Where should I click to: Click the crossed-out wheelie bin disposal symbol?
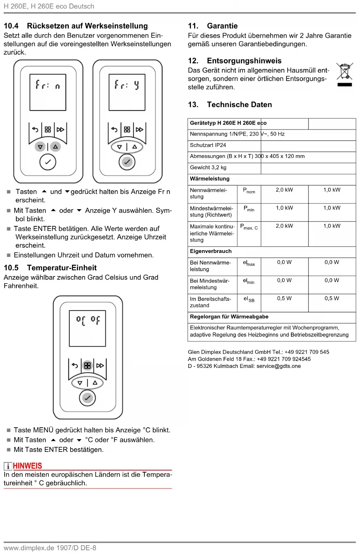344,72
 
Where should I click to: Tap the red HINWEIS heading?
27,466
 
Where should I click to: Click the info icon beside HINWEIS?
7,466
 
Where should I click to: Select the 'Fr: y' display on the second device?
127,92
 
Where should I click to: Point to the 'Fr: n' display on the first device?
48,92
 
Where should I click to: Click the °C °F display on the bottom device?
87,328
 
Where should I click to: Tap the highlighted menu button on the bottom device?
87,365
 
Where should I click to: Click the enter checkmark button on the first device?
48,162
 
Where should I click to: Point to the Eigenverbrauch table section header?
211,251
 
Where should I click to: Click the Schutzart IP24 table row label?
208,145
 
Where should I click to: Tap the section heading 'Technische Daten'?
239,105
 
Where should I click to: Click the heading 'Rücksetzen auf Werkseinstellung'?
87,26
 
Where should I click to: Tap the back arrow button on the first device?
35,130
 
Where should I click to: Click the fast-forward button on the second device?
140,130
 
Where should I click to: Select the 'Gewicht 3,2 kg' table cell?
208,168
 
